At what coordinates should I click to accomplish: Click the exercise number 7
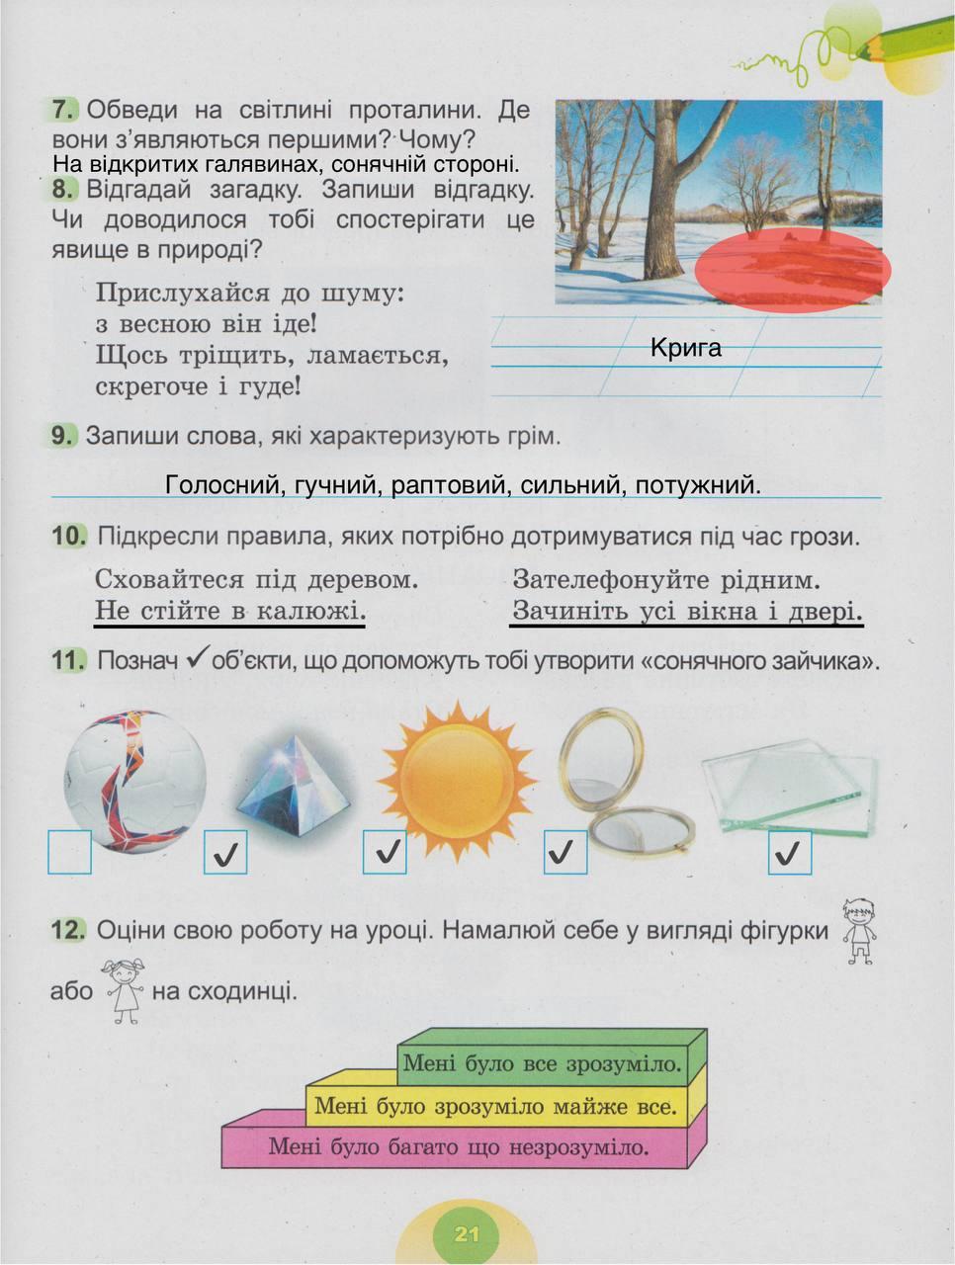point(63,110)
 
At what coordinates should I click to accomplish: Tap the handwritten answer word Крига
point(686,348)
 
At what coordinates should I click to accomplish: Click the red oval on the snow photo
point(793,269)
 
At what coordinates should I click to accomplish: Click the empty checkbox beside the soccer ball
point(70,852)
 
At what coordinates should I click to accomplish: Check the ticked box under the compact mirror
point(565,852)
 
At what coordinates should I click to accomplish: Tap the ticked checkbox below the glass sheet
point(790,853)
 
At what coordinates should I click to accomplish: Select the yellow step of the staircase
point(495,1106)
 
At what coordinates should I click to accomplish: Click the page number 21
point(467,1234)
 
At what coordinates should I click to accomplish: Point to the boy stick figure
point(858,930)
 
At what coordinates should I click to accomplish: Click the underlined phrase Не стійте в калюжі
point(229,611)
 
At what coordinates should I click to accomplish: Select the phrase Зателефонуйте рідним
point(667,579)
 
